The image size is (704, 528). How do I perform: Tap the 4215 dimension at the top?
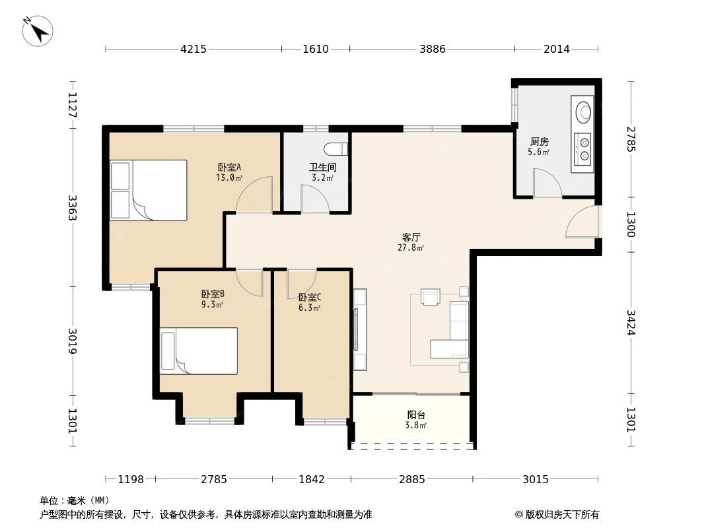[x=194, y=49]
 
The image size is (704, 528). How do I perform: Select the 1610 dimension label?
[x=316, y=49]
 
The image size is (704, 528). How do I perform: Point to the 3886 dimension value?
[x=433, y=49]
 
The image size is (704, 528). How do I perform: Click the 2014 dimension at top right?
[x=556, y=49]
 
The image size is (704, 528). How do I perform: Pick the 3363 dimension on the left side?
[x=72, y=208]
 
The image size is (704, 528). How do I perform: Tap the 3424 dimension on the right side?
[x=631, y=323]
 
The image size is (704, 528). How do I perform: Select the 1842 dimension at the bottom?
[x=312, y=479]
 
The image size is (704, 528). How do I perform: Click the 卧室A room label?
[x=229, y=168]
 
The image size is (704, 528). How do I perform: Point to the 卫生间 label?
[x=322, y=168]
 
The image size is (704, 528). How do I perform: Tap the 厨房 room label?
[x=539, y=142]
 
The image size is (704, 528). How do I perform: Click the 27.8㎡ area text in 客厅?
[x=411, y=247]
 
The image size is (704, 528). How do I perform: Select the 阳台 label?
[x=416, y=415]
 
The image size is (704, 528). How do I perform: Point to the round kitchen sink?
[x=584, y=112]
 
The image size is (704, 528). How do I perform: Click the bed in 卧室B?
[x=199, y=351]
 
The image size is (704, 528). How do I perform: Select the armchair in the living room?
[x=431, y=297]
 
